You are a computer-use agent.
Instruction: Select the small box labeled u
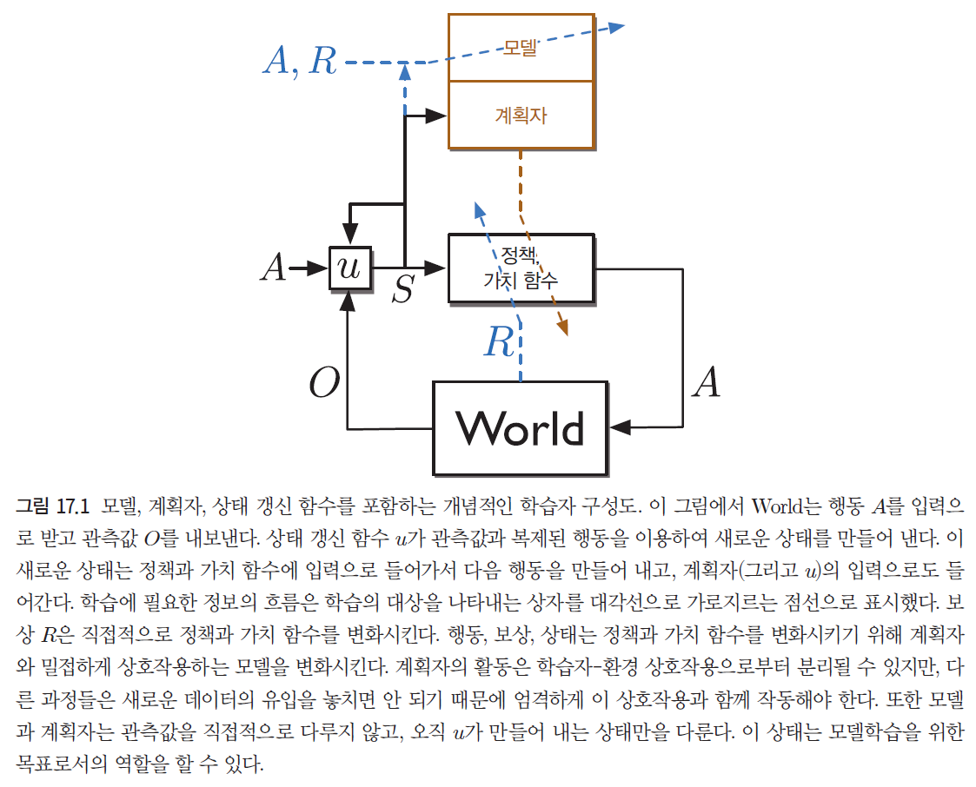[349, 268]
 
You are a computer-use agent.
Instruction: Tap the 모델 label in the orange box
[521, 47]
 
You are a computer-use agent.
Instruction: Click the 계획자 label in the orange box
[521, 115]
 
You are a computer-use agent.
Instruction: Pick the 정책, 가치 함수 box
[521, 268]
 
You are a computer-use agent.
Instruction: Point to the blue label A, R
[299, 61]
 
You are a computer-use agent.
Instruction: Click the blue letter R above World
[500, 342]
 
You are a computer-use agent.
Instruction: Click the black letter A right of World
[705, 382]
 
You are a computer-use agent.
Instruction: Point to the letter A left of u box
[274, 268]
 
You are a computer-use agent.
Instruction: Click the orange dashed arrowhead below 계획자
[563, 328]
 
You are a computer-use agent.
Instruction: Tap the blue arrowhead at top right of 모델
[616, 25]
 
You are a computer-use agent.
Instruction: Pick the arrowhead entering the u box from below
[349, 299]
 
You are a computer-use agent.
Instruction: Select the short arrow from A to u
[308, 268]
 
